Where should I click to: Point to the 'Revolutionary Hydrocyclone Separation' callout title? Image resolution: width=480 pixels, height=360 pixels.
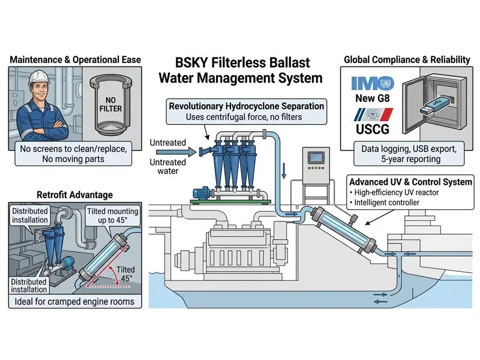tap(247, 106)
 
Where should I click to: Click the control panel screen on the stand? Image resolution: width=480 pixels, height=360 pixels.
tap(316, 158)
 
